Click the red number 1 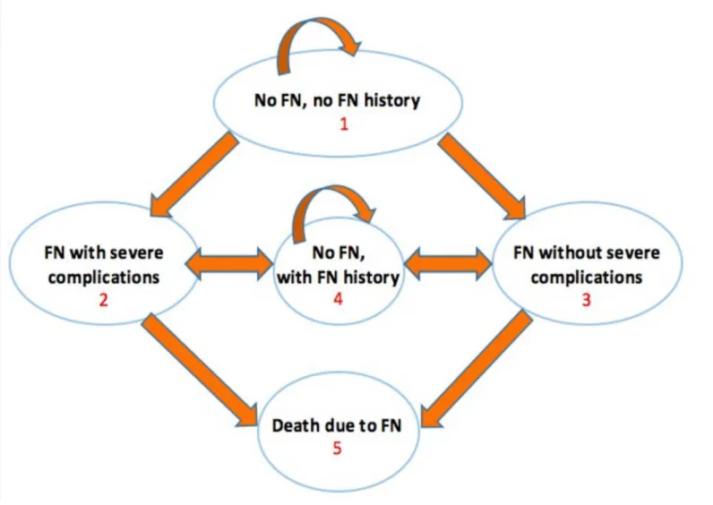[x=344, y=124]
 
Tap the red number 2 [x=104, y=300]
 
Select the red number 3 [x=587, y=300]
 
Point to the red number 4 [x=338, y=299]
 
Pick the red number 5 [x=337, y=449]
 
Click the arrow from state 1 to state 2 [x=193, y=175]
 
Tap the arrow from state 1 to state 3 [x=482, y=175]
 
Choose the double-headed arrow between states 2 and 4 [x=228, y=263]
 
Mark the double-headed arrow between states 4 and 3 [x=448, y=263]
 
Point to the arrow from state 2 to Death [x=200, y=371]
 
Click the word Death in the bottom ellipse [x=296, y=425]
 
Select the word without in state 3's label [x=572, y=252]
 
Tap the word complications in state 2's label [x=104, y=278]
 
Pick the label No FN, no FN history [x=337, y=100]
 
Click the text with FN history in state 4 [x=339, y=277]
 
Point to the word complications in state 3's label [x=587, y=278]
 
